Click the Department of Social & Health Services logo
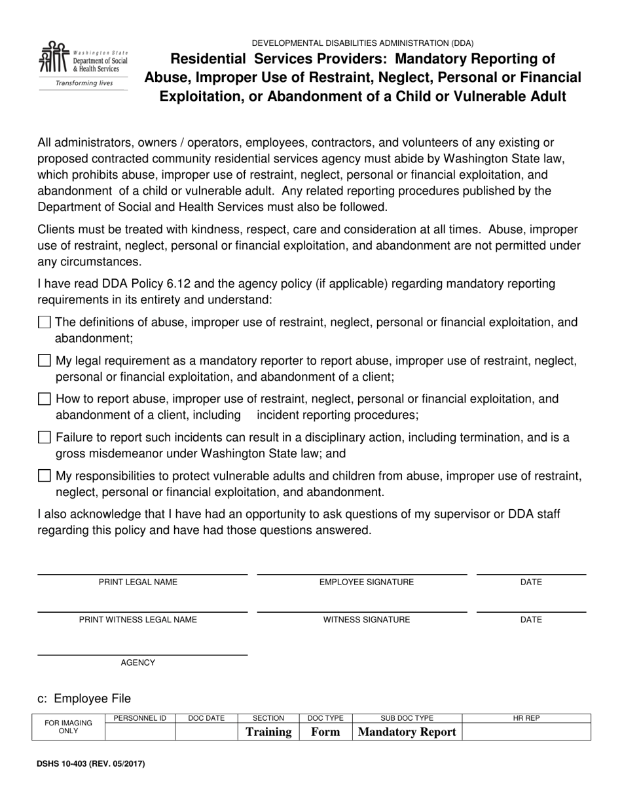pos(83,60)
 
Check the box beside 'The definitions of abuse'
pos(45,322)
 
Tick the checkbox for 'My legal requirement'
pos(45,360)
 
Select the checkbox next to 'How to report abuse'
pos(45,399)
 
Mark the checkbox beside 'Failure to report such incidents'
pos(45,437)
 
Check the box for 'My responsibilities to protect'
pos(45,476)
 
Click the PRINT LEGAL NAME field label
pos(137,582)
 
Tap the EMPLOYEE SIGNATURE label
pos(366,582)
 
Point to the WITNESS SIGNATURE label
pos(366,619)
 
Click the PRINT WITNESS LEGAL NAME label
pos(137,619)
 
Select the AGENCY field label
pos(137,662)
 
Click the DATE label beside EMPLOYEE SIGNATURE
pos(530,582)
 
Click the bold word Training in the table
pos(268,732)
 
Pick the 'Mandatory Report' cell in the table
pos(407,732)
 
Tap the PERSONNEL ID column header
pos(140,718)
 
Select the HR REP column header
pos(526,718)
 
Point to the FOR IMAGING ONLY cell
pos(68,727)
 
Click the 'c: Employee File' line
pos(84,699)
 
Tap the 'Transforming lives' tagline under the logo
pos(83,83)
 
